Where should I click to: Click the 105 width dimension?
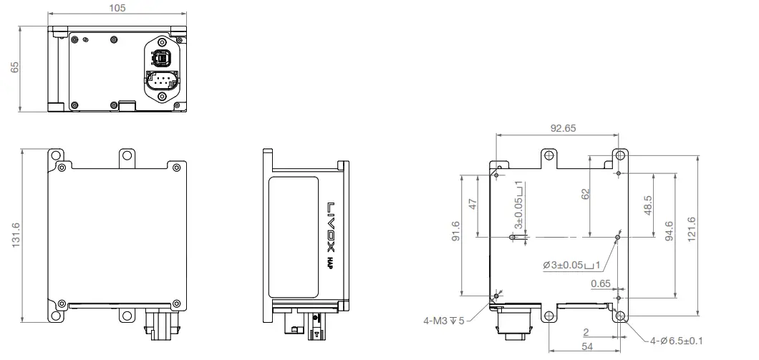click(119, 8)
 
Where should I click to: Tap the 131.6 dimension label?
click(15, 235)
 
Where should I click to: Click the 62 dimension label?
click(585, 193)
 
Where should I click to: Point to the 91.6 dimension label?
click(456, 234)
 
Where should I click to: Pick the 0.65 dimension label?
click(601, 283)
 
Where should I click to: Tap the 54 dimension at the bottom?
click(586, 346)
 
